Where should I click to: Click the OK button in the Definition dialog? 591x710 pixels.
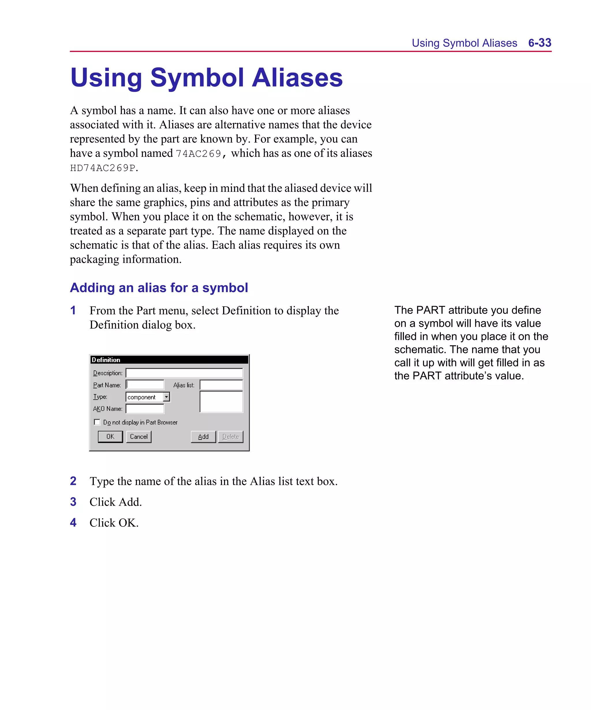pos(110,436)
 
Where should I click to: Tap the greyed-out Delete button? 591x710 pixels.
pos(230,436)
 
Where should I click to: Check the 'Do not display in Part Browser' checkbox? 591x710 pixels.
pos(97,422)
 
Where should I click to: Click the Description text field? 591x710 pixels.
pos(184,373)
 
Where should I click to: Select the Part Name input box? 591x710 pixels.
pos(145,385)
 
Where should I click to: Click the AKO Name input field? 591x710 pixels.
pos(145,409)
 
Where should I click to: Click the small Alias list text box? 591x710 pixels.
pos(221,385)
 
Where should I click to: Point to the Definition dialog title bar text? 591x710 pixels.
pos(106,360)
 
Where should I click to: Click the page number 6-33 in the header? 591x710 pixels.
pos(539,43)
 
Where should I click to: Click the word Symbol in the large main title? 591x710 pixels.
pos(197,78)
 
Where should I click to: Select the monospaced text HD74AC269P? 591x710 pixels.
pos(103,168)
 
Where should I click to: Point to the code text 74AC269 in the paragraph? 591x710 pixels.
pos(198,154)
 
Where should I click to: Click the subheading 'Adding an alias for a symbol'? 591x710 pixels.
pos(159,288)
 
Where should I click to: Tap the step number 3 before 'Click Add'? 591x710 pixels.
pos(73,502)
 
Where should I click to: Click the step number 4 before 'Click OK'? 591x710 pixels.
pos(73,523)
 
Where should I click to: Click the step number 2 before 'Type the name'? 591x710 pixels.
pos(73,481)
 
